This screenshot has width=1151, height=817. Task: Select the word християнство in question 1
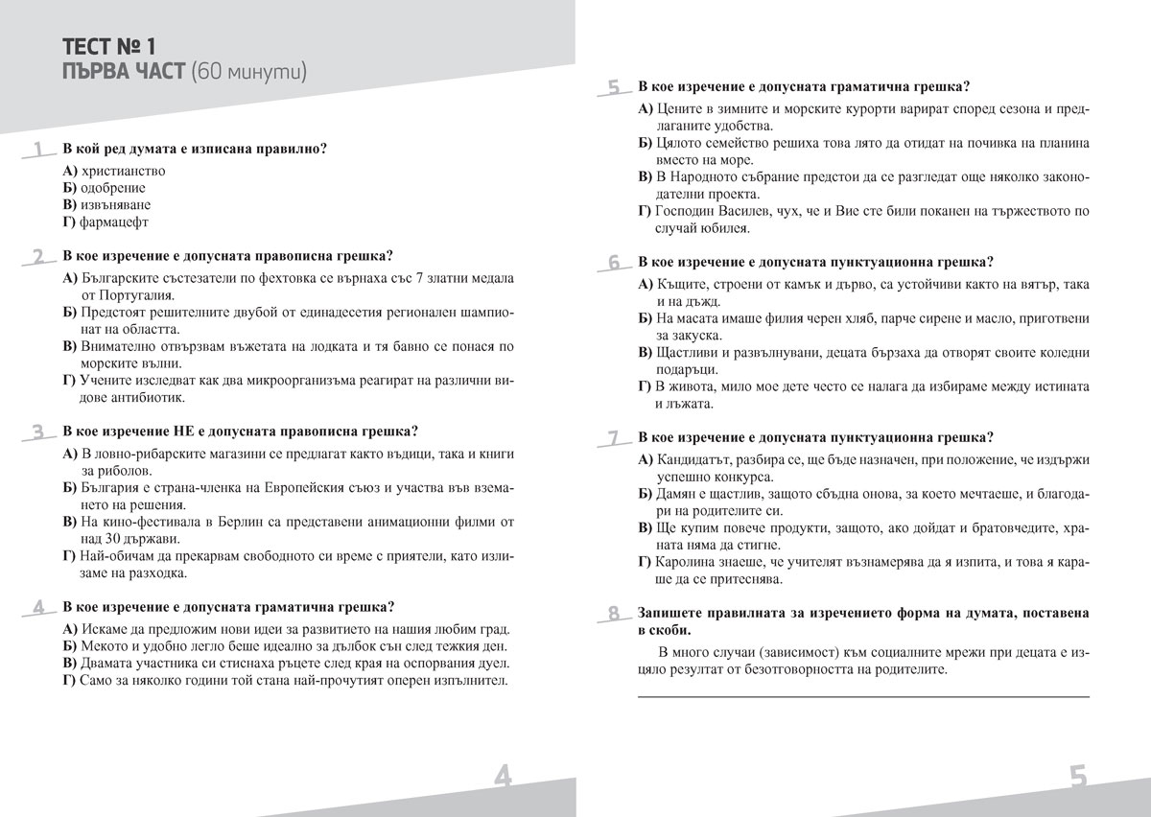(124, 170)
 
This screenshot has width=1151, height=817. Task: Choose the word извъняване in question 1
(116, 204)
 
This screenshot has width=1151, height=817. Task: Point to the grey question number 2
(37, 256)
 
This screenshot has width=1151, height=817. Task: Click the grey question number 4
(37, 607)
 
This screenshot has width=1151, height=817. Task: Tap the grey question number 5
(614, 88)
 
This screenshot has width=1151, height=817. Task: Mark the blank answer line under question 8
(863, 695)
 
